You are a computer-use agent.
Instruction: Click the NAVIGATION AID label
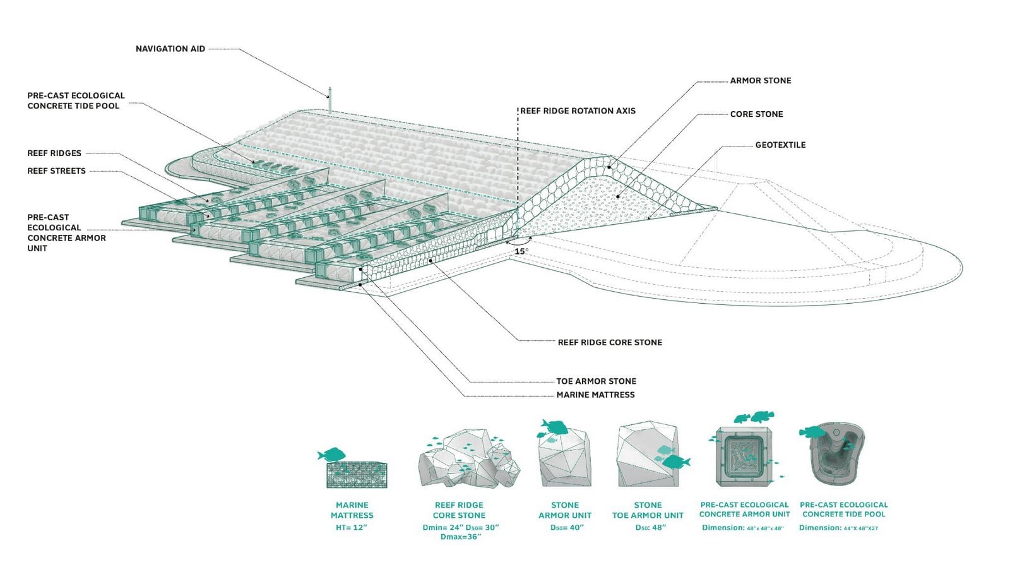(170, 49)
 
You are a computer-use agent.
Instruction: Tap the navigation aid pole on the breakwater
(330, 100)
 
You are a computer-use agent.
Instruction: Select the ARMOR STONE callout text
(760, 81)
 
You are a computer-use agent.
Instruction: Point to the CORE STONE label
(756, 114)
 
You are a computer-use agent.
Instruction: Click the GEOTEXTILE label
(780, 145)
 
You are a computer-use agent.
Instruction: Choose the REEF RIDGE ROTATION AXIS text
(578, 111)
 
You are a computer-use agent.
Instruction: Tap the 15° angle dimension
(521, 251)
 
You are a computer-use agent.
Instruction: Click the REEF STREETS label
(56, 171)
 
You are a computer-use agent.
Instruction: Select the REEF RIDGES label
(54, 153)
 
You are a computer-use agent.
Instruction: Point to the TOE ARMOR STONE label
(596, 381)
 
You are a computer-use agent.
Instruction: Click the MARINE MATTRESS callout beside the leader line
(595, 395)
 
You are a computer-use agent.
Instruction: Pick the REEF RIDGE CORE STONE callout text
(610, 342)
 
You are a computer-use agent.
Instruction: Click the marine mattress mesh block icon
(357, 475)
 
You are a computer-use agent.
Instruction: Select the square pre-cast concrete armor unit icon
(744, 456)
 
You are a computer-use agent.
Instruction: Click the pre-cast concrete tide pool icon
(837, 453)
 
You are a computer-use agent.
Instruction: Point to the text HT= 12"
(351, 527)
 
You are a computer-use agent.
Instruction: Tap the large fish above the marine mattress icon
(332, 454)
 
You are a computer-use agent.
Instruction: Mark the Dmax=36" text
(461, 537)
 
